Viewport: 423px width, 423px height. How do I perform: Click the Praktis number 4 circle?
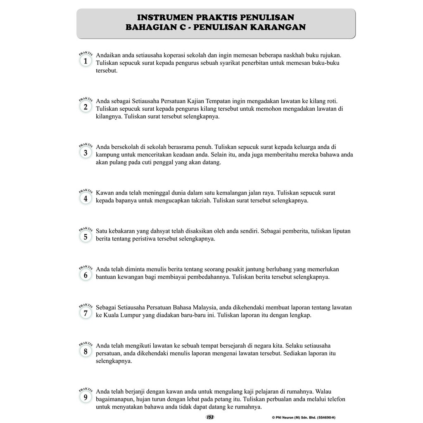(86, 198)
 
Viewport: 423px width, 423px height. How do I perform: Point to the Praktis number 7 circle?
(86, 313)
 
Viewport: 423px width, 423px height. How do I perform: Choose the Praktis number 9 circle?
(86, 397)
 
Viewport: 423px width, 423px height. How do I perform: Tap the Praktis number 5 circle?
(86, 237)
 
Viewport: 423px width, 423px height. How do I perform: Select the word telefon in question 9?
(335, 399)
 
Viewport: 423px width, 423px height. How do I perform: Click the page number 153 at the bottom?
(210, 417)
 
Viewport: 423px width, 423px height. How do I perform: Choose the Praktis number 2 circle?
(86, 107)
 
